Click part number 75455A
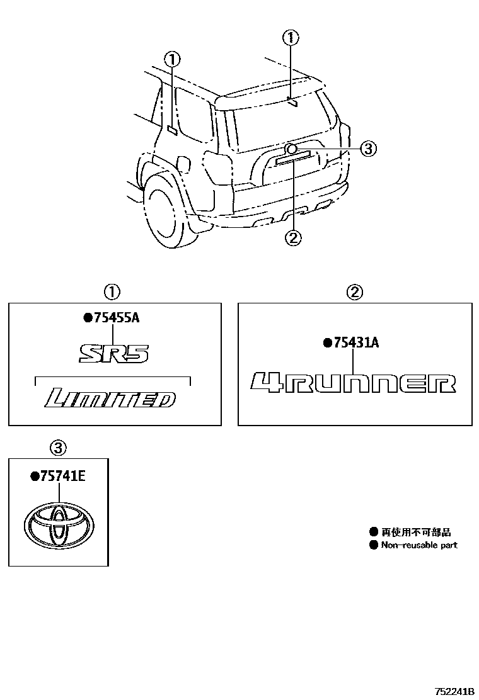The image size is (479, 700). point(115,318)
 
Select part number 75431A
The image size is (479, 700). point(356,342)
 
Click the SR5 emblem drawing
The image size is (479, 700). point(114,353)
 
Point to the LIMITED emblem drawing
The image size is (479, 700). point(110,398)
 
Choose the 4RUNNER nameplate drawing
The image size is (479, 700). point(352,383)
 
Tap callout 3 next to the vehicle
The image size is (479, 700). point(368,149)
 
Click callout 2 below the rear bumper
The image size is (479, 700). point(294,237)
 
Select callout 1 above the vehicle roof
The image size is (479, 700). point(290,37)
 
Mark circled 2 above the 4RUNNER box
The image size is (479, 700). point(355,291)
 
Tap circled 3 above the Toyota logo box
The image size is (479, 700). point(57,448)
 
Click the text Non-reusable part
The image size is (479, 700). point(419,545)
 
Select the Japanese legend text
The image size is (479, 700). point(416,533)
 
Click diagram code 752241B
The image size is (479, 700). point(454,692)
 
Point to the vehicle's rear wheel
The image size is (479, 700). point(165,212)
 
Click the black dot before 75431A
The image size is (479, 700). point(326,343)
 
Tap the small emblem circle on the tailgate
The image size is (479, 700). point(291,149)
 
